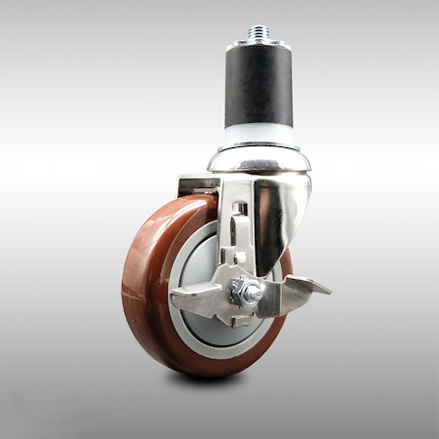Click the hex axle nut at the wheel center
[x=246, y=291]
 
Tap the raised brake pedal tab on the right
[x=304, y=287]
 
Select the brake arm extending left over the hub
[x=200, y=294]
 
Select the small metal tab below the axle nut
[x=242, y=320]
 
